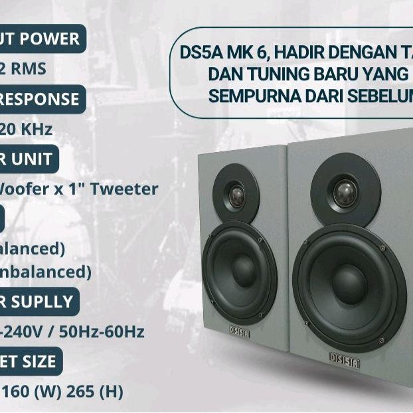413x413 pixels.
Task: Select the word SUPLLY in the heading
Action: (x=41, y=301)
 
